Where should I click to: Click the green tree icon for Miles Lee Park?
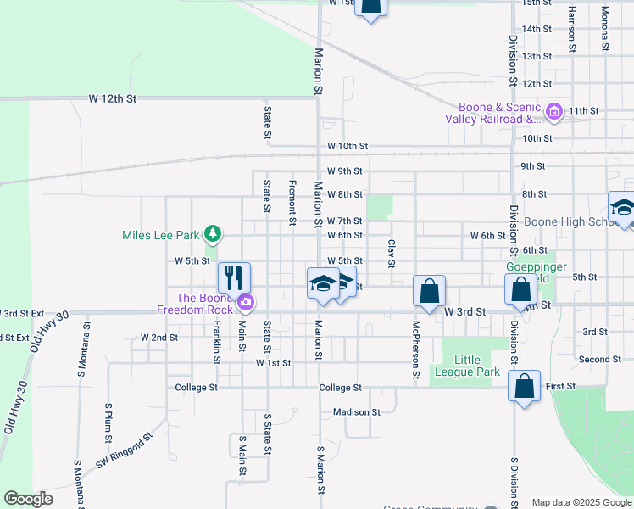click(214, 233)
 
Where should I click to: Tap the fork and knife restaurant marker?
click(233, 277)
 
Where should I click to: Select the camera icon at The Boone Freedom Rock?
click(246, 301)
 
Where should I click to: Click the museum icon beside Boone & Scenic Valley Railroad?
click(554, 111)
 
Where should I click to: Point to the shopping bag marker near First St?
click(525, 385)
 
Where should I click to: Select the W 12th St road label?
click(113, 99)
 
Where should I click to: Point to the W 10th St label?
click(347, 147)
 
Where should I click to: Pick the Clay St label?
click(392, 253)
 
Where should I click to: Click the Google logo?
click(29, 499)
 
